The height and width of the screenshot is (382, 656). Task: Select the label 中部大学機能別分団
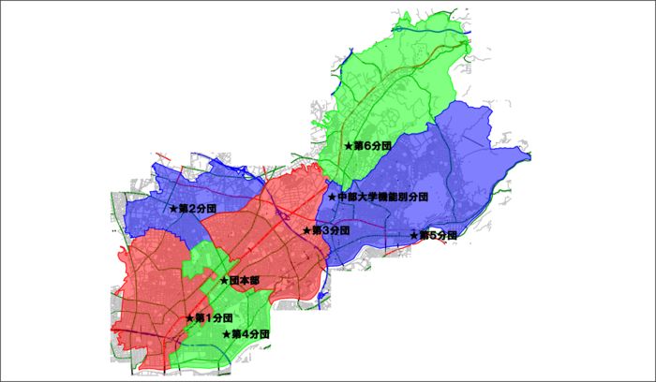[382, 198]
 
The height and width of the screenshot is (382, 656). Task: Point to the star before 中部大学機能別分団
[332, 198]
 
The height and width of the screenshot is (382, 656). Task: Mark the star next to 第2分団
[173, 208]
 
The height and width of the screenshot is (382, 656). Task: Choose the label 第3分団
[331, 230]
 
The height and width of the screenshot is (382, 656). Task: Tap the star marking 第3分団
[306, 230]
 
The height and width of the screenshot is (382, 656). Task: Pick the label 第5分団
[439, 235]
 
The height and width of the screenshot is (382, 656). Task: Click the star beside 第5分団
[414, 235]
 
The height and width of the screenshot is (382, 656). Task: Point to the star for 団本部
[224, 281]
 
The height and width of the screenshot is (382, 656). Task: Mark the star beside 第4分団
[226, 334]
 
